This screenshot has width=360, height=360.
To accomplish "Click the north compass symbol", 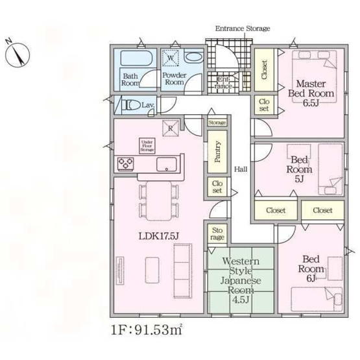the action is click(x=18, y=54).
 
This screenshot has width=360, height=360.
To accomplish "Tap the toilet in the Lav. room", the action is click(x=130, y=106).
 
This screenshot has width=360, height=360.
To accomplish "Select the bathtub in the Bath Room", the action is click(x=136, y=58).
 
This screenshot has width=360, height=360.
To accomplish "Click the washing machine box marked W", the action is click(x=171, y=58).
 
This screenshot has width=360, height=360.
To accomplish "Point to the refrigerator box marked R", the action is click(x=171, y=128).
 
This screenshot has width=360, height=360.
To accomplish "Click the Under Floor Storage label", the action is click(x=147, y=146).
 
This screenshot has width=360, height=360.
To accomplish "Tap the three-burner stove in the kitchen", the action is click(x=125, y=164).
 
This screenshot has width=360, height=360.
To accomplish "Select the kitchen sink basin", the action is click(x=167, y=164).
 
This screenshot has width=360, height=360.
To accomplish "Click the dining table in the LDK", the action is click(x=159, y=200).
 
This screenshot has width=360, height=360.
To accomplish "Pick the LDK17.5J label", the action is click(x=158, y=236).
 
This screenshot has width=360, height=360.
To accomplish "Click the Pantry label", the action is click(x=217, y=152).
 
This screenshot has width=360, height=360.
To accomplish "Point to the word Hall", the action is click(x=241, y=169).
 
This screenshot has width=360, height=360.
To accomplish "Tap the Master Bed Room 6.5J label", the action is click(x=311, y=93).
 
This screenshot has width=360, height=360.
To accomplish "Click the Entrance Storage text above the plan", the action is click(x=243, y=29).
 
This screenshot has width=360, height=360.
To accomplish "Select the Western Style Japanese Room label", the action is click(x=241, y=280).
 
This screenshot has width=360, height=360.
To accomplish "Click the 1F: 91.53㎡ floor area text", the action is click(x=147, y=330).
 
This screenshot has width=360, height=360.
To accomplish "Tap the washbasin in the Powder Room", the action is click(x=193, y=57).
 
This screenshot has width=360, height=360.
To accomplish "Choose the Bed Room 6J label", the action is click(x=311, y=269).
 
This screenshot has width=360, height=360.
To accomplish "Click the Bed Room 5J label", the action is click(x=299, y=169).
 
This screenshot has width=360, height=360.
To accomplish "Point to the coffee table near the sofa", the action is click(x=152, y=270).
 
